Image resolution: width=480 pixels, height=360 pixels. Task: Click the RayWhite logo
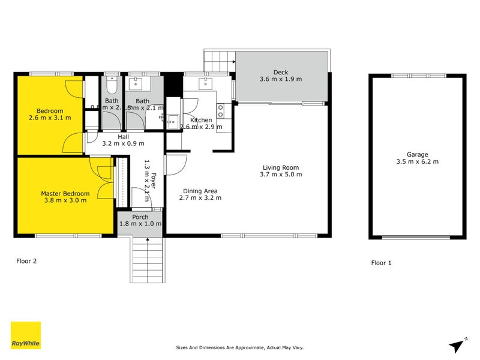(x=26, y=335)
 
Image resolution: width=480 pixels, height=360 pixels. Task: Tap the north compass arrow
(x=458, y=344)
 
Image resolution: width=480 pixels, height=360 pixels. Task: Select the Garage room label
(x=416, y=154)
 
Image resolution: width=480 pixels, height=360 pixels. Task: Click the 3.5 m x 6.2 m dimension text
(x=416, y=162)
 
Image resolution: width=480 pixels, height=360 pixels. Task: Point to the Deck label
(x=281, y=71)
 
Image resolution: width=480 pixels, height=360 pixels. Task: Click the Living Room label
(x=281, y=167)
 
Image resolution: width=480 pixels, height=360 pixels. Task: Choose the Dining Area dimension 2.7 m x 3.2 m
(x=200, y=198)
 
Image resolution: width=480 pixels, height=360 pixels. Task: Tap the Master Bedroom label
(x=65, y=193)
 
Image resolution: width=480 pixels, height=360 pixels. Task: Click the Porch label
(x=140, y=217)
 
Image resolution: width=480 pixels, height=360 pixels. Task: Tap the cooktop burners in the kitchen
(x=220, y=110)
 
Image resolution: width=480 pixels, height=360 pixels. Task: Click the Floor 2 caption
(x=28, y=261)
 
